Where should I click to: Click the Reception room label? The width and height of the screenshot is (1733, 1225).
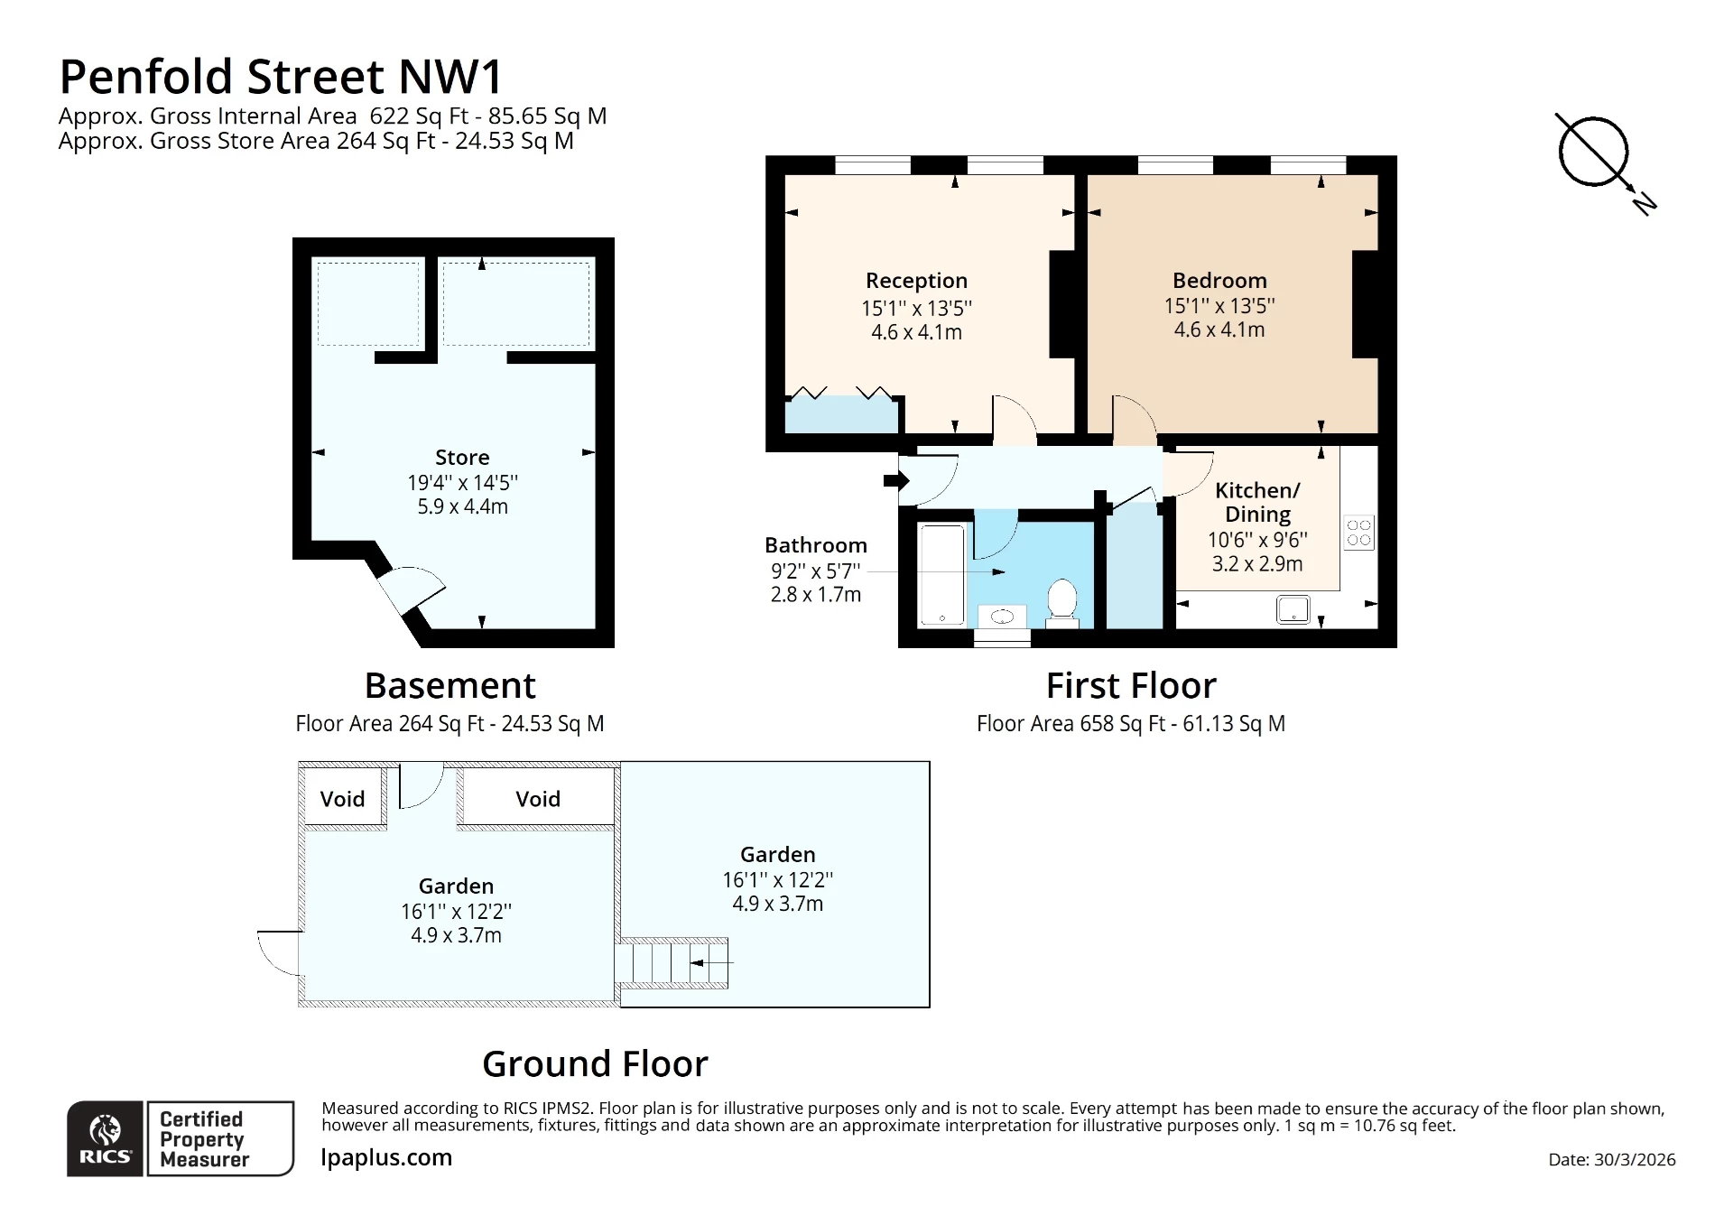(916, 281)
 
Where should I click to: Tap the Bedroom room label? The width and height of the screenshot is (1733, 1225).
(1219, 281)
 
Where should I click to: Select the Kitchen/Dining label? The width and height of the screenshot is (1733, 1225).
(1257, 502)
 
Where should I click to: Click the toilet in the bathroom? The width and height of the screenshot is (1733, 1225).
(1062, 602)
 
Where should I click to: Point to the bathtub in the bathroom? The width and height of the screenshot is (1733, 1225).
(942, 574)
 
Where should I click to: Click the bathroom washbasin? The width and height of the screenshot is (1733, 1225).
(1003, 617)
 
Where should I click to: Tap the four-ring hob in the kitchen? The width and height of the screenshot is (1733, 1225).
(1358, 532)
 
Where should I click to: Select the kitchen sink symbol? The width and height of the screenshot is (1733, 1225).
(1293, 610)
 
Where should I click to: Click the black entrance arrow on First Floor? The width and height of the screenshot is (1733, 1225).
(895, 480)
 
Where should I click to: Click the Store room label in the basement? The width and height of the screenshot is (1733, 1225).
(462, 458)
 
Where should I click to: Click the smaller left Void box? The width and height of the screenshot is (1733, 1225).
(342, 798)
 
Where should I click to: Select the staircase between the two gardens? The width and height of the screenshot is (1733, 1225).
(672, 962)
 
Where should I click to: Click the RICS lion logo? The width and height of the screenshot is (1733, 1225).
(105, 1137)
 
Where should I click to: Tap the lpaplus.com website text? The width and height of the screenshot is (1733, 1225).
(386, 1157)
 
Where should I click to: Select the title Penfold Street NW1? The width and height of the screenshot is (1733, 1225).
(280, 77)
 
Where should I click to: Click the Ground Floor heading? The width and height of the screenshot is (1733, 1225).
(595, 1064)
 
